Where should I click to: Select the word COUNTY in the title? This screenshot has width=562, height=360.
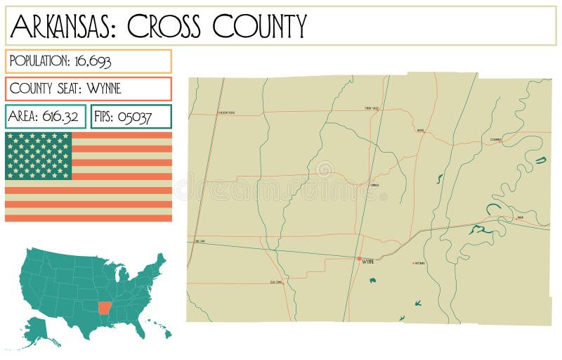[260, 26]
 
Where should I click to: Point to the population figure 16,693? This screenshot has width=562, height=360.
[91, 61]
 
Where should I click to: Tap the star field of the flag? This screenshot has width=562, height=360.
[39, 155]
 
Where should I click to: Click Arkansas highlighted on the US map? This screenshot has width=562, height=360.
[104, 308]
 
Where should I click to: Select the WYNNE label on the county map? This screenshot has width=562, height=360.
[367, 262]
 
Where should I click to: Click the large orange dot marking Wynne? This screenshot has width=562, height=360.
[359, 259]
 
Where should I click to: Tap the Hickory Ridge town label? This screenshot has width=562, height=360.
[226, 112]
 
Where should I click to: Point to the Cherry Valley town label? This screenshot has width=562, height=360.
[372, 108]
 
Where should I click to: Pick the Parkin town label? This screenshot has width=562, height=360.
[521, 218]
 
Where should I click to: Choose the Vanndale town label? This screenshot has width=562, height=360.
[374, 186]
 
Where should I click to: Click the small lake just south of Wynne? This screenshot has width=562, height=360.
[372, 281]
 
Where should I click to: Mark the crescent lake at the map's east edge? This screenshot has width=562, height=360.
[540, 160]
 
